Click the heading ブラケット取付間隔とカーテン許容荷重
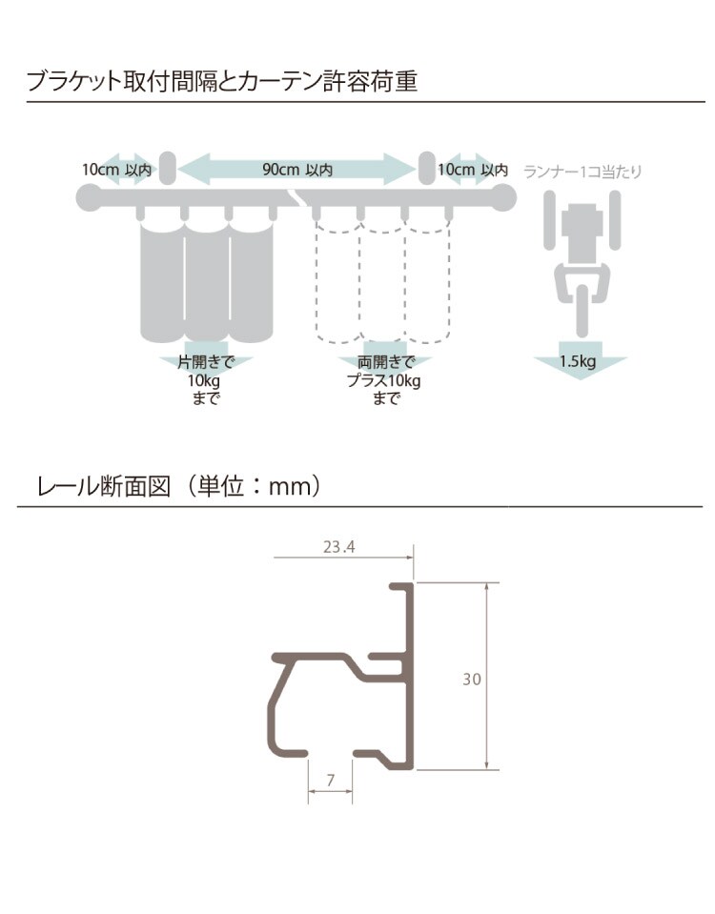tap(221, 81)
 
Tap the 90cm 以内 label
tap(297, 170)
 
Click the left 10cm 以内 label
tap(116, 170)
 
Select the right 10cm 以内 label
tap(473, 170)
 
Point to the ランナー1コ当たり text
tap(582, 172)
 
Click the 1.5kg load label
tap(579, 361)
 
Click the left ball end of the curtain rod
tap(89, 197)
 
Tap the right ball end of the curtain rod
tap(503, 197)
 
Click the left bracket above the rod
tap(166, 167)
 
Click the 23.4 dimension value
tap(338, 546)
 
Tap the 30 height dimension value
tap(472, 679)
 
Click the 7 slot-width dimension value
tap(330, 780)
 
